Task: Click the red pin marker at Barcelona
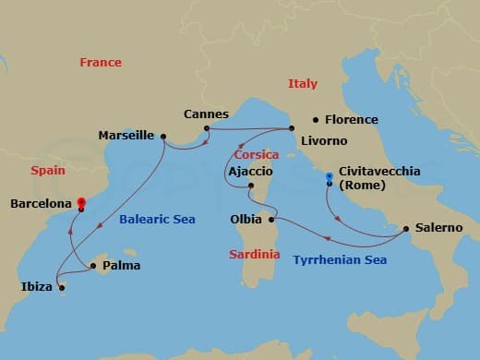click(x=80, y=202)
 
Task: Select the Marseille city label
click(x=126, y=136)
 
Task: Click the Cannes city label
click(x=206, y=114)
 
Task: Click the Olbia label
click(x=246, y=220)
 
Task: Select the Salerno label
click(x=438, y=227)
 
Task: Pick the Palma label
click(x=120, y=268)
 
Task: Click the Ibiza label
click(x=37, y=287)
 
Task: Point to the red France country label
click(x=101, y=63)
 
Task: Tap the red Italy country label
click(x=302, y=84)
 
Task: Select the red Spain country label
click(x=48, y=171)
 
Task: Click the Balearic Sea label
click(x=157, y=219)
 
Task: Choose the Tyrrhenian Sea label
click(x=340, y=260)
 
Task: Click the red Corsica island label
click(x=257, y=154)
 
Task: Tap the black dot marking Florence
click(x=316, y=119)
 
